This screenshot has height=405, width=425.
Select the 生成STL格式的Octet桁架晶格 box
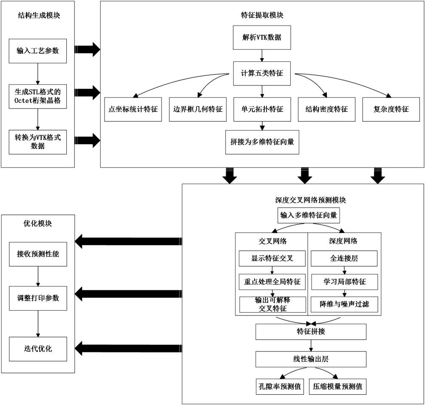pos(38,96)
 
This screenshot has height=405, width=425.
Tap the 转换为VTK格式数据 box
pos(38,142)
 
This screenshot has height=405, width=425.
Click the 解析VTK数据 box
pos(262,37)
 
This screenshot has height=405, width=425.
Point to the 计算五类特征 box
pos(262,73)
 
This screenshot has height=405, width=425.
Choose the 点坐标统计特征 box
pos(133,109)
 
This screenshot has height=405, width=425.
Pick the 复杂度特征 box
pos(391,109)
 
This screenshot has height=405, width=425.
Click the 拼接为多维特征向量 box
pos(262,142)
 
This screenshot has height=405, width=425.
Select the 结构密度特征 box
pos(326,109)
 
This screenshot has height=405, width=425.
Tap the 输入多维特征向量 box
pos(309,215)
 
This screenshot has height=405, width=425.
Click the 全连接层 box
pos(344,258)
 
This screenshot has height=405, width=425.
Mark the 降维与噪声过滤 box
pos(344,305)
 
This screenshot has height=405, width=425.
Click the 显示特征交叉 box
pos(272,258)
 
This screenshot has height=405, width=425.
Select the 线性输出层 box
pos(311,359)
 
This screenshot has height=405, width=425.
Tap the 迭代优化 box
pos(38,348)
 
